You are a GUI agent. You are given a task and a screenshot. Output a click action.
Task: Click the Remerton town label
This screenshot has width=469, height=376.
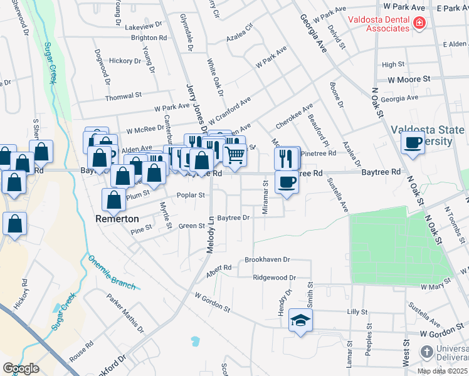click(117, 219)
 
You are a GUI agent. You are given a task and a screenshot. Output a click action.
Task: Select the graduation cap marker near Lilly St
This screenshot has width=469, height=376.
click(301, 321)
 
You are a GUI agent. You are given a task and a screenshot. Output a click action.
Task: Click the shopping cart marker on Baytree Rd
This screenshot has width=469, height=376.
click(234, 154)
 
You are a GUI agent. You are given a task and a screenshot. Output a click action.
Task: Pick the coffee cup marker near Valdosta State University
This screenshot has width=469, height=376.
click(413, 142)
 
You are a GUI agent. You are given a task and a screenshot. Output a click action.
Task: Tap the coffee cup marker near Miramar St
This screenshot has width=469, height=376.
click(287, 182)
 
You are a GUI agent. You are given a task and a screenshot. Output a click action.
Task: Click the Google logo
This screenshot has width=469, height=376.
click(21, 368)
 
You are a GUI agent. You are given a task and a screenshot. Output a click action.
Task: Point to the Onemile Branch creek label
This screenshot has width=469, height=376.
click(112, 273)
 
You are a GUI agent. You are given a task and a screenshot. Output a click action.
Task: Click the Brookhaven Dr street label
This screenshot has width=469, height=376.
click(267, 259)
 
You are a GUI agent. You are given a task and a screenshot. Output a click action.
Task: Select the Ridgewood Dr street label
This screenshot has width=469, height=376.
click(275, 277)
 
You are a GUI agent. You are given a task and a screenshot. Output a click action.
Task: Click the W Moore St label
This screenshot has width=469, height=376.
click(409, 80)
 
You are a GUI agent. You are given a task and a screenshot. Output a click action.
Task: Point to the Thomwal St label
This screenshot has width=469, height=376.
click(124, 96)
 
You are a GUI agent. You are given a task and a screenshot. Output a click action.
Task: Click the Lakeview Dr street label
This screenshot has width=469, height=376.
click(143, 28)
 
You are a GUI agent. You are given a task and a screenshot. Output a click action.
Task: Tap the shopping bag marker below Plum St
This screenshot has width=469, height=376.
click(113, 201)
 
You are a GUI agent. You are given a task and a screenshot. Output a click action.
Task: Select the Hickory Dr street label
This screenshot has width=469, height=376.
click(125, 61)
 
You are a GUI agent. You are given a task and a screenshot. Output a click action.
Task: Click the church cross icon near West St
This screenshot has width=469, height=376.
click(426, 351)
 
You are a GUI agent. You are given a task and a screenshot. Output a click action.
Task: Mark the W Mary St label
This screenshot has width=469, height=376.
click(436, 286)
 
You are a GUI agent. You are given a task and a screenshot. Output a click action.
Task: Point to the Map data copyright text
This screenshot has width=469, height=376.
click(442, 371)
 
